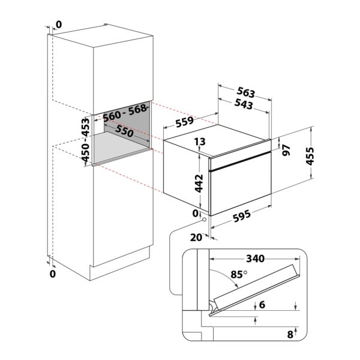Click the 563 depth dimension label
pos(246,92)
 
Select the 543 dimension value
pos(244,104)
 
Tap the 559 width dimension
pos(185,122)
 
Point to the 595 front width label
pos(242,216)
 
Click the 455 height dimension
pos(310,156)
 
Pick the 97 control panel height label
pos(286,151)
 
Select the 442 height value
pos(199,183)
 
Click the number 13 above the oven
pos(200,142)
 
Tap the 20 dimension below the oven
pos(196,238)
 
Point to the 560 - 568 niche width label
pos(125,113)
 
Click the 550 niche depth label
pos(124,131)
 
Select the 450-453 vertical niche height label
pos(85,140)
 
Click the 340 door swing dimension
pos(256,259)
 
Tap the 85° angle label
pos(239,274)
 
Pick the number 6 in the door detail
pos(262,305)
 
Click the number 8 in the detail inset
pos(290,335)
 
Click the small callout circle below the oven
pos(204,220)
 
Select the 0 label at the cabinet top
pos(59,25)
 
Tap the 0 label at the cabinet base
pos(53,274)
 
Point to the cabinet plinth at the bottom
pos(119,264)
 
